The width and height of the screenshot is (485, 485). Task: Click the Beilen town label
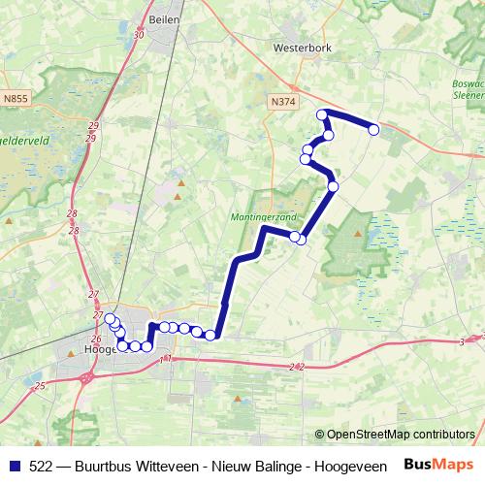[162, 18]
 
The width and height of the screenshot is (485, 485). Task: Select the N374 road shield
[282, 100]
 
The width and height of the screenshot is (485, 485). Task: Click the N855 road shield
[16, 98]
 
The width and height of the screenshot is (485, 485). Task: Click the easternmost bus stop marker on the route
[373, 129]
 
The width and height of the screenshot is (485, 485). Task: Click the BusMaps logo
[439, 465]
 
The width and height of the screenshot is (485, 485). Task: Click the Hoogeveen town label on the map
[101, 349]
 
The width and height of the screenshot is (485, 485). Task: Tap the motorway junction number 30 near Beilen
[140, 35]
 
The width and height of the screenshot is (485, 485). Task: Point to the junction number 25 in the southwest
[39, 386]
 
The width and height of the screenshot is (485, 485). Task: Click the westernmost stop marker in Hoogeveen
[110, 320]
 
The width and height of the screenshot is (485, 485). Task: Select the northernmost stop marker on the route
[323, 114]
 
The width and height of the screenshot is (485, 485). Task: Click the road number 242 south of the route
[297, 367]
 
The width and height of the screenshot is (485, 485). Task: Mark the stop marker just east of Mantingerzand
[302, 239]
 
